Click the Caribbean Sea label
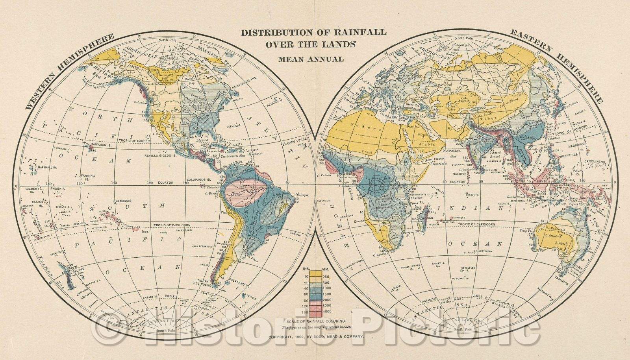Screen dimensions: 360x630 (224, 156)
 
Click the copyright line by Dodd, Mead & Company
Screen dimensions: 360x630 (315, 337)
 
